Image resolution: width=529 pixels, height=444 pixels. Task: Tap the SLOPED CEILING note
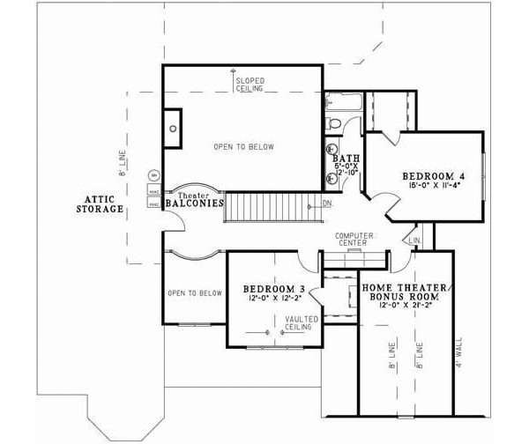250,85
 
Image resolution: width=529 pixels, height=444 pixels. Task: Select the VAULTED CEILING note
301,322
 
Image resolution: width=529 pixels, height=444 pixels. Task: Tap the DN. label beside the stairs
327,204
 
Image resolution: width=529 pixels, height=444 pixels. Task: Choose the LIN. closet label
414,240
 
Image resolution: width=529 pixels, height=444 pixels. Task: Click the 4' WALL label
458,349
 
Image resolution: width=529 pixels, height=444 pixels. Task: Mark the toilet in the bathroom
333,123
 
